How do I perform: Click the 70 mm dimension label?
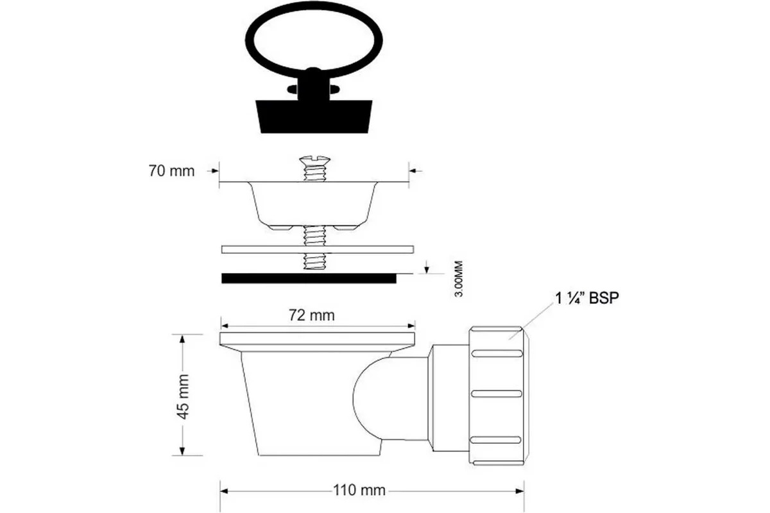pos(171,171)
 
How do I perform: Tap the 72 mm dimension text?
pos(311,315)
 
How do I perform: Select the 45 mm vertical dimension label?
pos(183,396)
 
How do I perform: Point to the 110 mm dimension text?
pos(359,490)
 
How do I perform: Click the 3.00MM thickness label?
pos(459,279)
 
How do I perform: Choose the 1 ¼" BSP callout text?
pos(587,298)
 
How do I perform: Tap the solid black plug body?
pos(314,116)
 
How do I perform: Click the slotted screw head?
pos(314,160)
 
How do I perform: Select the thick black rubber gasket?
pos(309,278)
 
